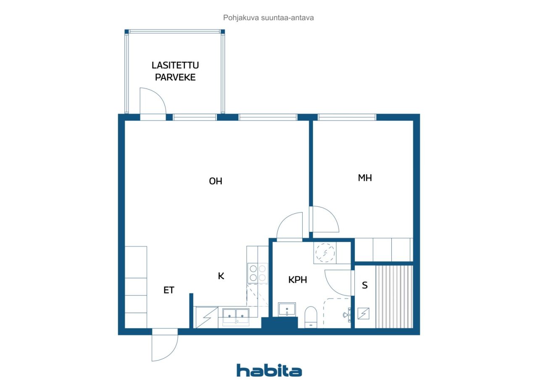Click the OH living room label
coord(216,181)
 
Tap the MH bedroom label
coord(365,178)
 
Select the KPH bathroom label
coord(298,280)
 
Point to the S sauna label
coord(364,285)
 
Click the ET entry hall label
coord(169,290)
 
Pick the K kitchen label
coord(221,276)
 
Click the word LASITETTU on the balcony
coord(175,65)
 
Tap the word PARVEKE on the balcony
coord(175,77)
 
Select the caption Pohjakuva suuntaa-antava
coord(268,18)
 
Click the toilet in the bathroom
coord(311,317)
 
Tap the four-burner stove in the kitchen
coord(258,273)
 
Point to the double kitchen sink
coord(236,317)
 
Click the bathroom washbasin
coord(287,309)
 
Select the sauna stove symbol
coord(364,313)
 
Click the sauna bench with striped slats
coord(394,297)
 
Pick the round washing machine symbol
coord(325,253)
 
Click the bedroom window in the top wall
coord(347,117)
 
